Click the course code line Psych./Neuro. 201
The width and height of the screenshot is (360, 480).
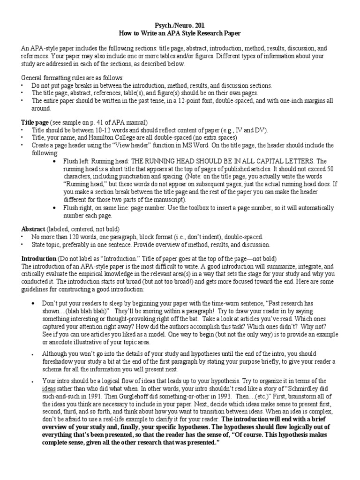[x=180, y=25]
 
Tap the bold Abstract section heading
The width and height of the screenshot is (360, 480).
[x=33, y=229]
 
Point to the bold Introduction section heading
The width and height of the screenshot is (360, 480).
[x=39, y=259]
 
